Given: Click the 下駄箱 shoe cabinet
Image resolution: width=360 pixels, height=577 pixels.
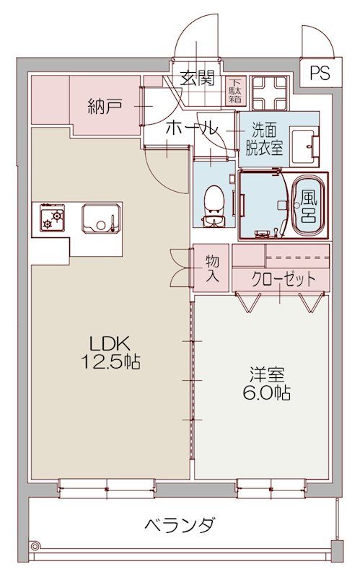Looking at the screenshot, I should pyautogui.click(x=236, y=91).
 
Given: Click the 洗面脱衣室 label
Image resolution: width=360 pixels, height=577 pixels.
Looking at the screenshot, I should pyautogui.click(x=266, y=136).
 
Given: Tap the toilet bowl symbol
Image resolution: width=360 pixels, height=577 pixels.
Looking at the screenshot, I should pyautogui.click(x=214, y=198).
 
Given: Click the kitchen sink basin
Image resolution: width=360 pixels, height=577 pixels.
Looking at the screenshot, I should pyautogui.click(x=98, y=218).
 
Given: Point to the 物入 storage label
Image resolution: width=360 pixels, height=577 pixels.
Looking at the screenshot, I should pyautogui.click(x=212, y=268).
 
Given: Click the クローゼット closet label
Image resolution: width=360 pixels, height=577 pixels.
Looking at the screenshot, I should pyautogui.click(x=283, y=278).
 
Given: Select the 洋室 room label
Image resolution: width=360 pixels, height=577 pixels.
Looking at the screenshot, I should pyautogui.click(x=268, y=375).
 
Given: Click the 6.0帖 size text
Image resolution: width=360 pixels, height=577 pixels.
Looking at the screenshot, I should pyautogui.click(x=268, y=393).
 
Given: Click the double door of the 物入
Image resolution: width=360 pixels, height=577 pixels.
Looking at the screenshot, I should pyautogui.click(x=180, y=268).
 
